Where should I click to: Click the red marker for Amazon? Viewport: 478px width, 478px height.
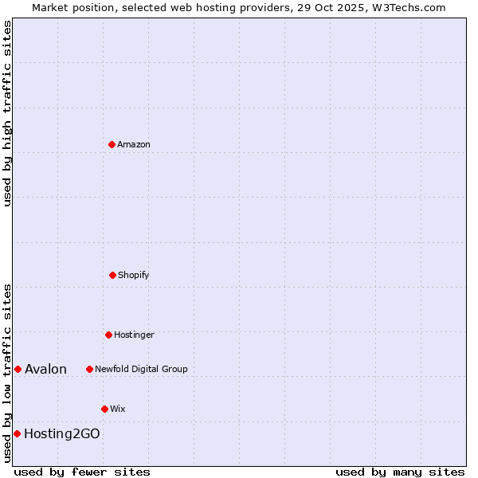112,144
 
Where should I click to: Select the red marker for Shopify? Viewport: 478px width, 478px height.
112,275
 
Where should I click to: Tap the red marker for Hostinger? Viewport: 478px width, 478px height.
108,335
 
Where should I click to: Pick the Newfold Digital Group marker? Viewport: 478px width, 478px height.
89,369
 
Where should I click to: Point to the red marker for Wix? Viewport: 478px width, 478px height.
104,409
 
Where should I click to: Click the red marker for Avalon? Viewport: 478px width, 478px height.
18,369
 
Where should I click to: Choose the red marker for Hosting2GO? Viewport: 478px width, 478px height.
17,433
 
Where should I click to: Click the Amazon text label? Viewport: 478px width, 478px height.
134,144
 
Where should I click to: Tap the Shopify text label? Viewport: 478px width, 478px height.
134,275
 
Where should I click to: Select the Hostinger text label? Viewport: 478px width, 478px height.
134,335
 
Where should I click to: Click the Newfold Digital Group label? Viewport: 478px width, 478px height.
141,369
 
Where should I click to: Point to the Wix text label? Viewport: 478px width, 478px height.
118,409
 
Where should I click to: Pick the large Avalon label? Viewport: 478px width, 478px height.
45,369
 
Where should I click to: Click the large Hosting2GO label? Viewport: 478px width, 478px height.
62,433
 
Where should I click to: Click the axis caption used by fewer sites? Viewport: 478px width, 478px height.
82,472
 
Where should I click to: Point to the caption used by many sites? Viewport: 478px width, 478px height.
400,472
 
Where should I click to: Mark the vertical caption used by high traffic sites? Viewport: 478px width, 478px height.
7,113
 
